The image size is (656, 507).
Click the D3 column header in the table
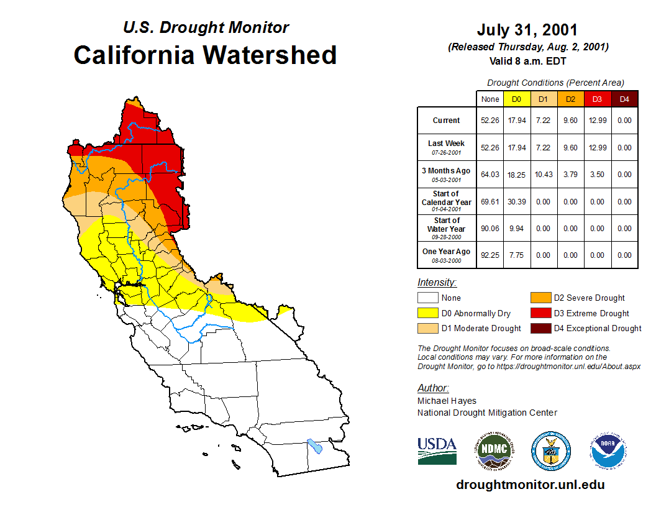[x=597, y=99]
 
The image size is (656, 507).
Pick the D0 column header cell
[x=516, y=99]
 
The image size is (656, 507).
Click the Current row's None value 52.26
[x=490, y=121]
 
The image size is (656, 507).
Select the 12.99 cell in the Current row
[x=597, y=121]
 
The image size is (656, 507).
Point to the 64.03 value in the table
[x=490, y=175]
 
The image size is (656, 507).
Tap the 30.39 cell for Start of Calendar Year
[x=516, y=202]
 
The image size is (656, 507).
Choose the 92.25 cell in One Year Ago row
[x=490, y=255]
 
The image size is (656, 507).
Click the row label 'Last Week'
[x=446, y=144]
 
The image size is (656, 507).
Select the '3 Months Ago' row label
[x=446, y=171]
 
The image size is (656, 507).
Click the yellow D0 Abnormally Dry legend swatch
[x=427, y=313]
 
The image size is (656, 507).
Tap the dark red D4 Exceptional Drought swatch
[x=540, y=328]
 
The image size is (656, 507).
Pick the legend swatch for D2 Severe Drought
[x=540, y=298]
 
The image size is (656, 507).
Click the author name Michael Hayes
[x=447, y=401]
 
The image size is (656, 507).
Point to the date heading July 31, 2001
[x=527, y=30]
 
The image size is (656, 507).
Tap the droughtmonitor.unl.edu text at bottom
[x=530, y=485]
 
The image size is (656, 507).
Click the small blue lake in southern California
[x=315, y=446]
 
